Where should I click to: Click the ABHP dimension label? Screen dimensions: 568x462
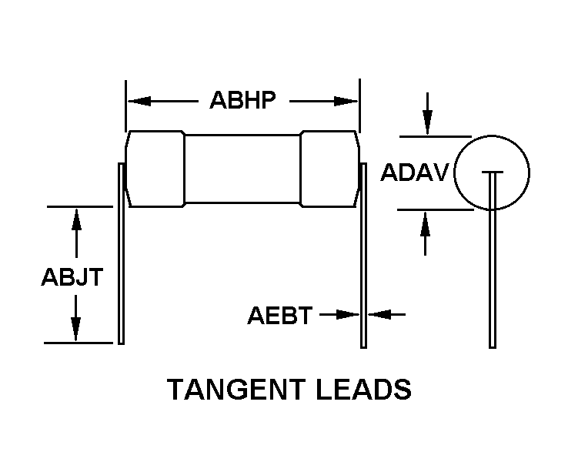point(242,99)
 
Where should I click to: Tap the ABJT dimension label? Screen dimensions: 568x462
point(72,277)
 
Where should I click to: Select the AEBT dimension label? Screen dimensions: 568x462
point(279,315)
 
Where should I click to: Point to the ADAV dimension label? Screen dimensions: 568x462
point(415,172)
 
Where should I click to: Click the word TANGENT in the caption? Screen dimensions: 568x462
point(236,389)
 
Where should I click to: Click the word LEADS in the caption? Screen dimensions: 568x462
point(364,389)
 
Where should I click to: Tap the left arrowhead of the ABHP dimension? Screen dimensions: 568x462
point(139,101)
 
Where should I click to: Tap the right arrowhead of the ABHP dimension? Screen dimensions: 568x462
point(346,101)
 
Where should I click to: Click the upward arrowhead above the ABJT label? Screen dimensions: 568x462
point(76,219)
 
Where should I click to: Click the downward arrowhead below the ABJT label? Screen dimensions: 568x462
point(75,329)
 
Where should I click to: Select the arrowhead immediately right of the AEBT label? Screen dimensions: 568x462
point(348,314)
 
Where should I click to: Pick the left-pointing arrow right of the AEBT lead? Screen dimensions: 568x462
point(386,314)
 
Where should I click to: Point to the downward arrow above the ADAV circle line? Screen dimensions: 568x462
point(427,113)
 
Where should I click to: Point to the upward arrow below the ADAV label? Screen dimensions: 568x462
point(426,234)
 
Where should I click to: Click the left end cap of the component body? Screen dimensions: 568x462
point(155,169)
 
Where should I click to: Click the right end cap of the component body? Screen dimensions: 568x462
point(330,169)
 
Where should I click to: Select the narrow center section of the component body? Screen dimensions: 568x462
point(242,169)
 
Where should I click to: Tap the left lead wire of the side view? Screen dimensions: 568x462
point(122,253)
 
